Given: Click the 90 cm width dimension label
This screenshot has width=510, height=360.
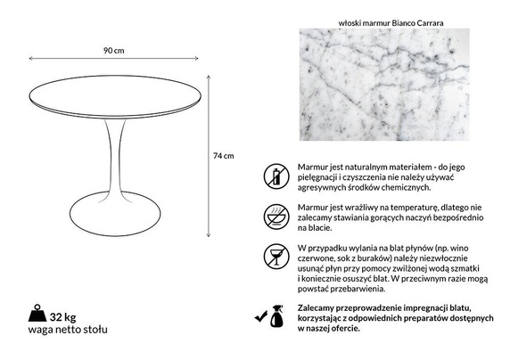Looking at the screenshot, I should [115, 50].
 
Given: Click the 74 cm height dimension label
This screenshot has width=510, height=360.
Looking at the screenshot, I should [225, 155].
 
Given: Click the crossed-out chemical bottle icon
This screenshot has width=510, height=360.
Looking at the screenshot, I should [276, 175].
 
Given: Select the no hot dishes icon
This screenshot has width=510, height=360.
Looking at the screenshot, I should [276, 216].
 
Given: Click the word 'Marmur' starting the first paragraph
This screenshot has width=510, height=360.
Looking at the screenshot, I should [314, 167].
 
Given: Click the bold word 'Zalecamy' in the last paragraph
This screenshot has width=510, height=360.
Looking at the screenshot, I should [318, 307].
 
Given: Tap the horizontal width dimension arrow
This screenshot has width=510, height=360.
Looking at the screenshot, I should [115, 60].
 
